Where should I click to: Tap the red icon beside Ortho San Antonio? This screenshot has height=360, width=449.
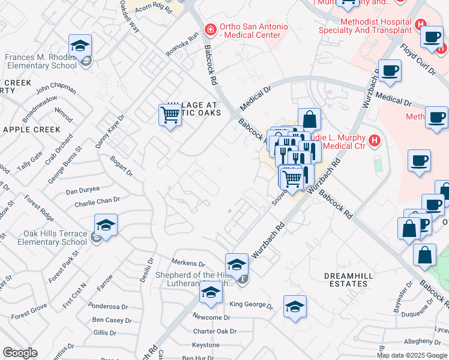tap(209, 28)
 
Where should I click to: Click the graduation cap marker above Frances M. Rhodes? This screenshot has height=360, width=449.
tap(79, 47)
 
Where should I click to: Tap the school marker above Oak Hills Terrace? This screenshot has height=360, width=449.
tap(106, 225)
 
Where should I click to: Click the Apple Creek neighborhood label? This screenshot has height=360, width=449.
tap(31, 129)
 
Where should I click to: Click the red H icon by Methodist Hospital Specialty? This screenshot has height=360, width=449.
tap(421, 25)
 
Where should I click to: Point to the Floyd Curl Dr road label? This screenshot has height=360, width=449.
tap(418, 59)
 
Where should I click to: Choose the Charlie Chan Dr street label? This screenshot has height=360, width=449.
tap(97, 202)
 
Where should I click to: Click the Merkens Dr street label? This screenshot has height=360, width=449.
tap(188, 263)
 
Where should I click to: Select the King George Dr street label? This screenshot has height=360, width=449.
tap(251, 305)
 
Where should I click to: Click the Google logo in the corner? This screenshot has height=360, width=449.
tap(20, 353)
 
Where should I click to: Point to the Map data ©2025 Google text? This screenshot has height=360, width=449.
tap(412, 355)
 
